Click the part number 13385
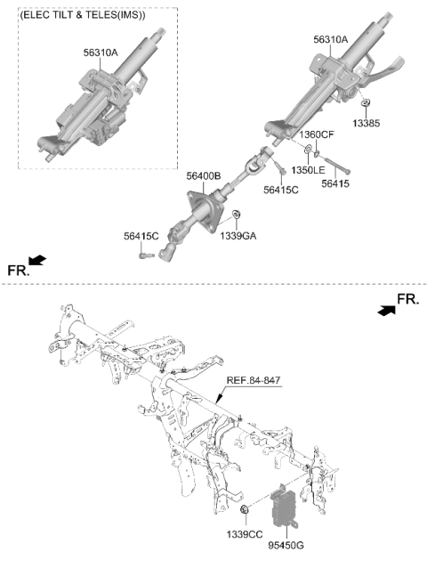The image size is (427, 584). tap(367, 123)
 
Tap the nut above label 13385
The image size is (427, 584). tap(366, 102)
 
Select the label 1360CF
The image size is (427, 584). tap(317, 134)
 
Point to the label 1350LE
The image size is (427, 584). tap(308, 170)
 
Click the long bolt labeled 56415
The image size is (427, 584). tap(337, 166)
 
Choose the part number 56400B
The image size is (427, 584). tap(203, 175)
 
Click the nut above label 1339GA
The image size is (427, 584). tap(236, 215)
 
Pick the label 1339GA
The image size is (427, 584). tap(238, 236)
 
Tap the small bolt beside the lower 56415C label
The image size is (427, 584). tap(146, 255)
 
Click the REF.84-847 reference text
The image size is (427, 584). tap(254, 380)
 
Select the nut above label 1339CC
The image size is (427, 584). tap(245, 508)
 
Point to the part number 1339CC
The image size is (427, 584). tap(245, 534)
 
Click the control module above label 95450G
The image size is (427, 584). tap(285, 507)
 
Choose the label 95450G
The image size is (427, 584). tap(286, 545)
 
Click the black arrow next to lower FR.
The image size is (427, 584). tap(387, 310)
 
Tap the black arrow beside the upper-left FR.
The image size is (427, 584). tap(37, 260)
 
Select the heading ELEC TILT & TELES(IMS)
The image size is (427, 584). tap(83, 15)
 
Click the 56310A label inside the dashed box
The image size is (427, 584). tap(101, 53)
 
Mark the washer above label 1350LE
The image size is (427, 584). tap(309, 150)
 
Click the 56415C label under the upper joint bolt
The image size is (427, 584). tap(281, 190)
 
